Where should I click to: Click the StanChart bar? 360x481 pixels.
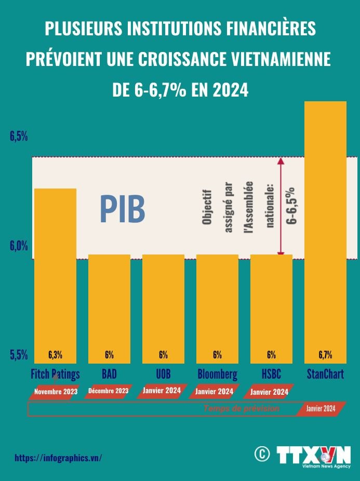[325, 229]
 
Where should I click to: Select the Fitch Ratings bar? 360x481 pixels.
[55, 270]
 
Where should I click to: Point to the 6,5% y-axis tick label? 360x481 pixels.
[19, 137]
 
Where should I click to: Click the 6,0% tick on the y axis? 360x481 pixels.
[19, 246]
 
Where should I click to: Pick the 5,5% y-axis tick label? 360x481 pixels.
[19, 355]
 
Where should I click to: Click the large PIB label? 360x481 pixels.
[122, 209]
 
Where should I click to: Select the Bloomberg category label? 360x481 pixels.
[217, 374]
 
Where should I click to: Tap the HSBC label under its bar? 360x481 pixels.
[271, 374]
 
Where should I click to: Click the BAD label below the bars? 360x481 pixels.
[109, 374]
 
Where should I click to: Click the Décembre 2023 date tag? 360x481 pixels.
[109, 391]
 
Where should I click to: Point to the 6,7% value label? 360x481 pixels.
[325, 355]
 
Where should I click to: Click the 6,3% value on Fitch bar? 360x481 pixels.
[55, 355]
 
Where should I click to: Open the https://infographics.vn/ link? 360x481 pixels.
[58, 458]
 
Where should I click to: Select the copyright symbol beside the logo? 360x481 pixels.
[262, 454]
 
